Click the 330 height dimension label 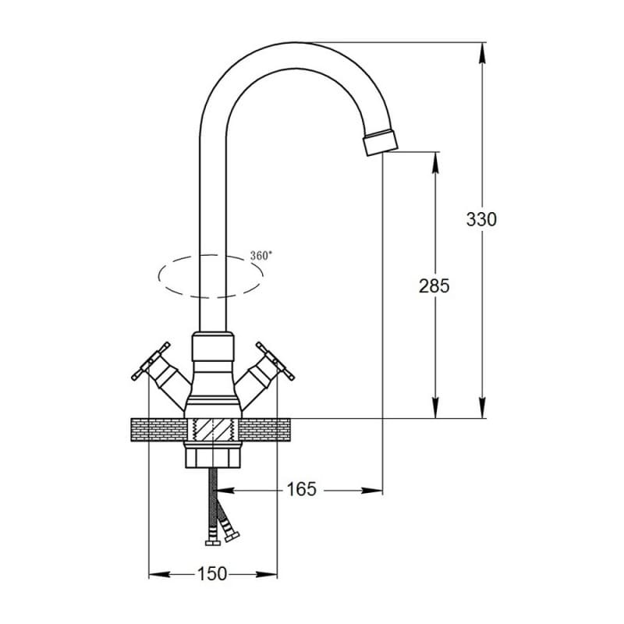481,219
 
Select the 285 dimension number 434,285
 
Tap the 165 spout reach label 301,489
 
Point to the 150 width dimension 212,574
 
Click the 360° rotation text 261,256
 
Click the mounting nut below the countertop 213,455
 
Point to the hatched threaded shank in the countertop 213,431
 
